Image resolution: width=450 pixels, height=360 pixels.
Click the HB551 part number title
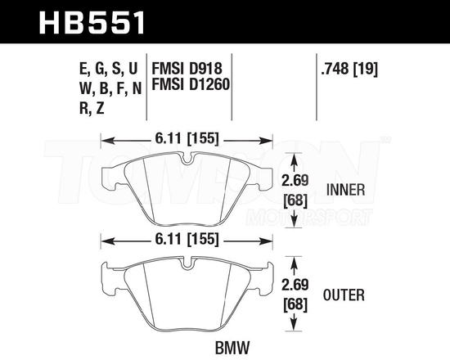[92, 21]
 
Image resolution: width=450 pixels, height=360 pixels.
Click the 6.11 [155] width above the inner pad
[189, 139]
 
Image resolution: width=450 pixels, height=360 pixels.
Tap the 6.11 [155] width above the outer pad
[189, 241]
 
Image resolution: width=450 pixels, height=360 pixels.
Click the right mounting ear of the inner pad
[268, 173]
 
